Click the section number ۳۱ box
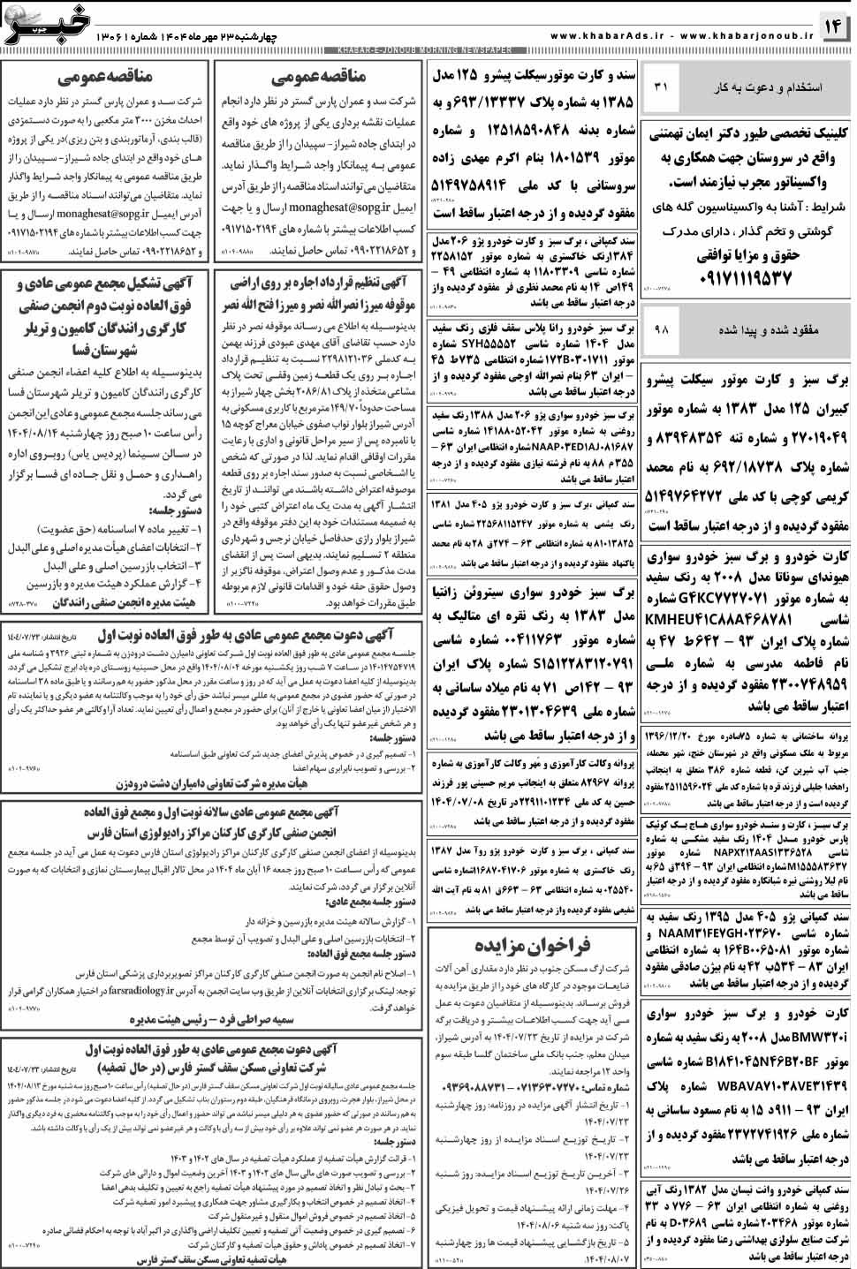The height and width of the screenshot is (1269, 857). pyautogui.click(x=662, y=87)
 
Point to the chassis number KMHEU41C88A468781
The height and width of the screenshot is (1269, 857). pyautogui.click(x=717, y=618)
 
